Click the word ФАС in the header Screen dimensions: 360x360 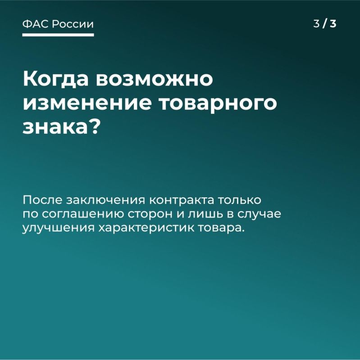[x=35, y=24]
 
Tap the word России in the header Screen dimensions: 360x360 [x=73, y=24]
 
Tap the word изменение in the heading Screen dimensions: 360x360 [x=86, y=103]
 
